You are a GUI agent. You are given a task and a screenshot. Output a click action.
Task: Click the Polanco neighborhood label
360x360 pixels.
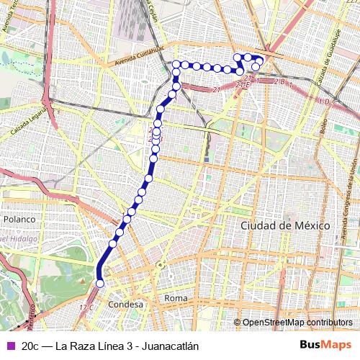(19, 219)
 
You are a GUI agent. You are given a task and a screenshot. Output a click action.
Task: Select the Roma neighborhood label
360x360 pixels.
(176, 297)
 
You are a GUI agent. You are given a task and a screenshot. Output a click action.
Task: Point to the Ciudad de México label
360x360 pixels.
(284, 225)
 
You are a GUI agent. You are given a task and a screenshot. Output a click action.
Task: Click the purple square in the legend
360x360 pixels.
(9, 346)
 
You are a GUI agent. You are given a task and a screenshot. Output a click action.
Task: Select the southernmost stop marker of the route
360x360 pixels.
(100, 284)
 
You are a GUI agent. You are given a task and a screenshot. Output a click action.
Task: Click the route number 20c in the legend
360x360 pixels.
(31, 346)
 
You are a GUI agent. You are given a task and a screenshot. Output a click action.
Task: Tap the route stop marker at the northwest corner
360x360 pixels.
(176, 65)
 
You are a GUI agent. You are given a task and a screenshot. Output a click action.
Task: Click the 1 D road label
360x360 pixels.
(323, 102)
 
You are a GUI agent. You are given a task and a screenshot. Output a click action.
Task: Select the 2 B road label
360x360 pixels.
(279, 82)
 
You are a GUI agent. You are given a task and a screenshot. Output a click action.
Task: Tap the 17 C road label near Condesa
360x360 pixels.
(86, 307)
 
